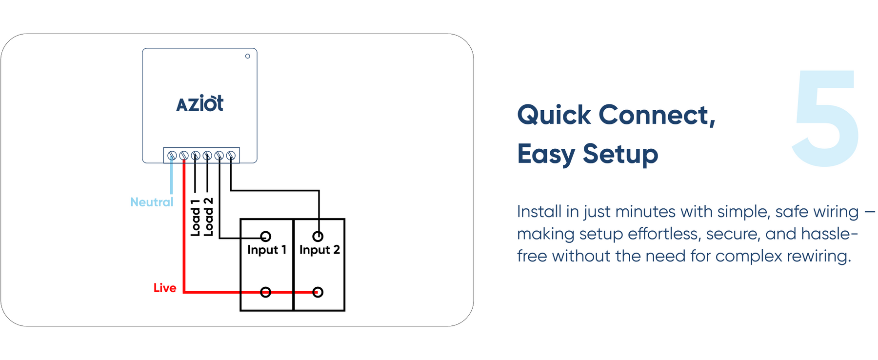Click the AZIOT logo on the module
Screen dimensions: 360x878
click(x=200, y=104)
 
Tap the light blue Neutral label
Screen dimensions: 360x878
click(x=152, y=202)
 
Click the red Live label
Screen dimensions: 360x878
click(x=165, y=288)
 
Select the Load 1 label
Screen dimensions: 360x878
click(x=196, y=218)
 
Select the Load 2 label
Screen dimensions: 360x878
click(x=208, y=218)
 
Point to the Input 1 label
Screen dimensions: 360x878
click(x=266, y=250)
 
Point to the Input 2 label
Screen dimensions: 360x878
click(x=319, y=250)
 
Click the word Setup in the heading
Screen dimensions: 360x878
click(x=620, y=154)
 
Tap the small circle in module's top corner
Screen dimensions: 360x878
click(x=248, y=56)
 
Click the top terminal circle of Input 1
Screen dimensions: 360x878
click(x=266, y=237)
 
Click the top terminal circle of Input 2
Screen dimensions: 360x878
click(x=318, y=237)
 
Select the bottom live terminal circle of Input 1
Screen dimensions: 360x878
click(x=266, y=292)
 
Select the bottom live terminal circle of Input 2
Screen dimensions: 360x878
click(x=318, y=292)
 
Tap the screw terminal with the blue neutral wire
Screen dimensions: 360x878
click(x=172, y=156)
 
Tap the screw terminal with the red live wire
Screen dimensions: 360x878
click(x=184, y=156)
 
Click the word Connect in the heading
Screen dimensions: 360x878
click(x=657, y=115)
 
